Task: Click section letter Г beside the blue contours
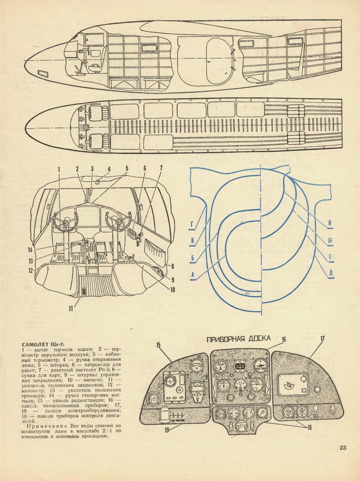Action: pos(191,225)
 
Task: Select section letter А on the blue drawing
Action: pos(191,275)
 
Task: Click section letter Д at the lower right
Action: pos(331,272)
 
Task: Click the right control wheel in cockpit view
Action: pos(118,223)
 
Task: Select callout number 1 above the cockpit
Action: pos(60,169)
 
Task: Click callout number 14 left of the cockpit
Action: pos(29,251)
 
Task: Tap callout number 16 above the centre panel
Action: pos(284,339)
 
